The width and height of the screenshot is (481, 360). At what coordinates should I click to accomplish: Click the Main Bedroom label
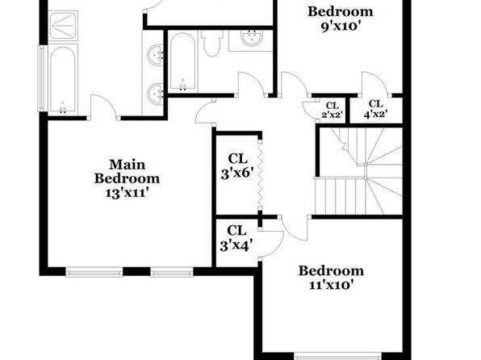(127, 172)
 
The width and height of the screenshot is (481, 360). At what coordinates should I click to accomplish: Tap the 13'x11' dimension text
(127, 193)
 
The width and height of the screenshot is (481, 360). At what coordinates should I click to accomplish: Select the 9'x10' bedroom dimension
(341, 27)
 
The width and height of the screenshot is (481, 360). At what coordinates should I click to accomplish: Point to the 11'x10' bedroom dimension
(332, 285)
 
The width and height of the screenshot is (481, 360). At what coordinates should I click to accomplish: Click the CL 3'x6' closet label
(237, 166)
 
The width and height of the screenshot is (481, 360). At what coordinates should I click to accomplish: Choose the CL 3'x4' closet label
(236, 238)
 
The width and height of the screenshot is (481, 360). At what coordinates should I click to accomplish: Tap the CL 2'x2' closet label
(333, 110)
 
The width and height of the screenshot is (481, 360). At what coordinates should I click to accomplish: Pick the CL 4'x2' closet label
(376, 109)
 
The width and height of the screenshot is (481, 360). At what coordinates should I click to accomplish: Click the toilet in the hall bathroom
(211, 43)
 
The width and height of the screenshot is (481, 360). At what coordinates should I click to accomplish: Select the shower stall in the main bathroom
(63, 26)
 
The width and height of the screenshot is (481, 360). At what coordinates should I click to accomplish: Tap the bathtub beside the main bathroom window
(63, 79)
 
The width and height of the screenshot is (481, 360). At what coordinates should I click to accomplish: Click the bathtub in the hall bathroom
(183, 61)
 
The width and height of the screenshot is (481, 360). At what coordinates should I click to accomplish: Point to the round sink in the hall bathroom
(252, 38)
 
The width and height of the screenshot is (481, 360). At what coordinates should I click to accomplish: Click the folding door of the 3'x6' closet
(260, 175)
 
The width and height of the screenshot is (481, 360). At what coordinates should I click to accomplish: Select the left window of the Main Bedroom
(94, 272)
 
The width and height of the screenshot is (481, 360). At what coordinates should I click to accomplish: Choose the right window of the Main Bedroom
(172, 272)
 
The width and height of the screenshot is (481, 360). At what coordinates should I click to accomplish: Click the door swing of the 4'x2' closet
(374, 85)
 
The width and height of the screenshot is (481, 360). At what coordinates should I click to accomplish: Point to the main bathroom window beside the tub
(41, 78)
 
